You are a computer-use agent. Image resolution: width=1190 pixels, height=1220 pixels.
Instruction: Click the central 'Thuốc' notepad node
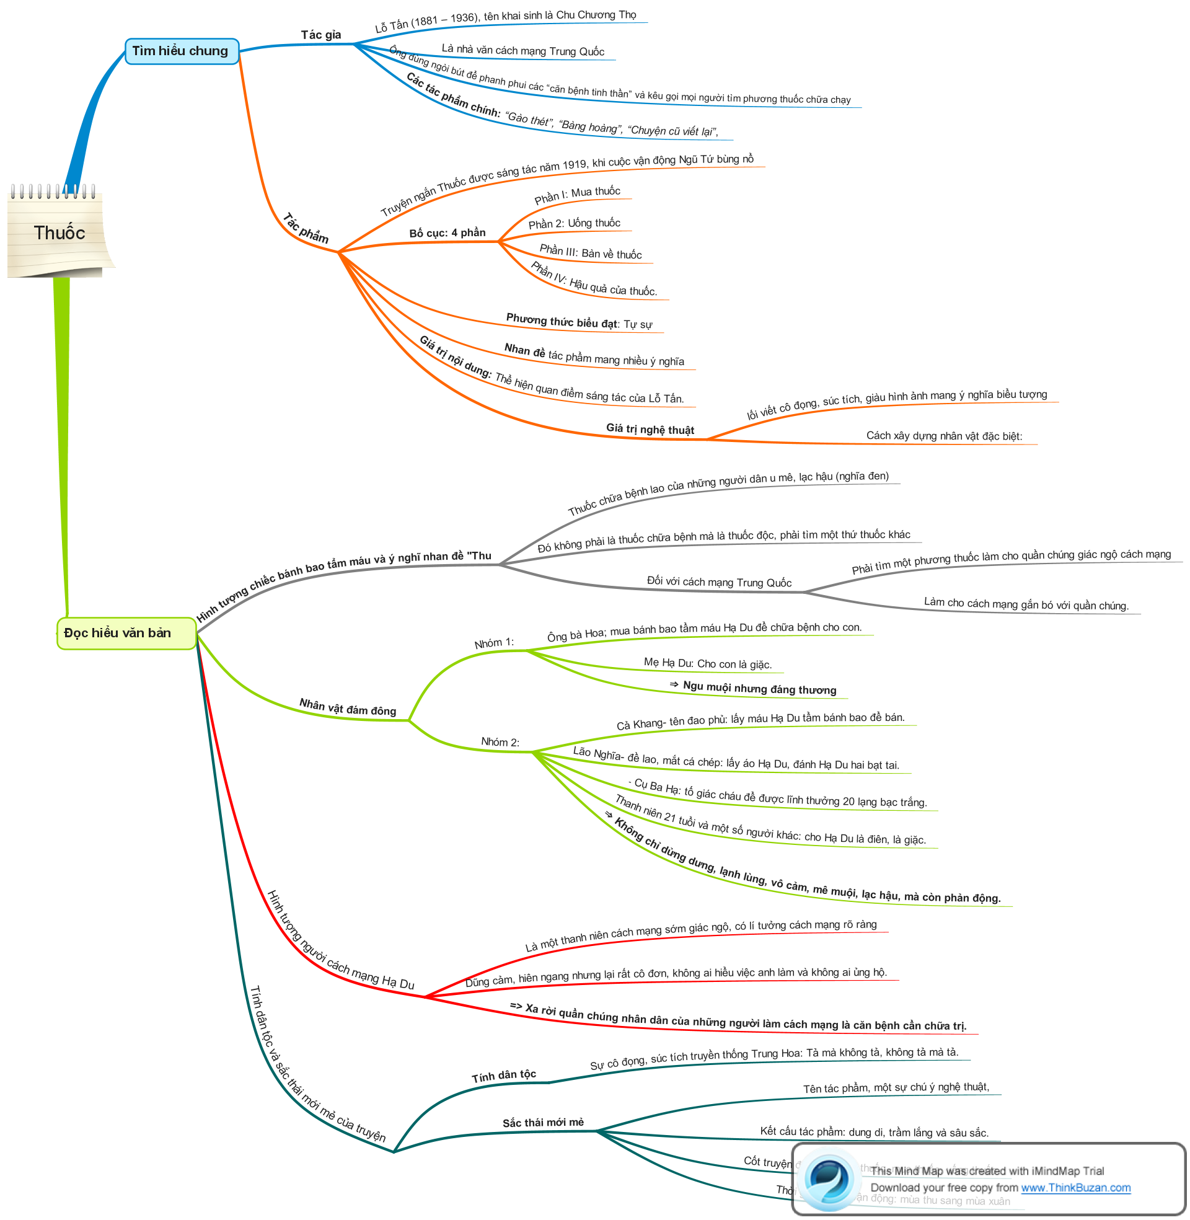click(x=59, y=233)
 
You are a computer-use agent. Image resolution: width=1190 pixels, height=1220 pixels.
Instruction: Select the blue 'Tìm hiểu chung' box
click(x=181, y=51)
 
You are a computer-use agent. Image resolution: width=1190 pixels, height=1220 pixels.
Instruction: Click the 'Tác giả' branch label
click(x=321, y=35)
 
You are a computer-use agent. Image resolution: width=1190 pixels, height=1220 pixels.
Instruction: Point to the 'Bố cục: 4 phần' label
click(x=447, y=233)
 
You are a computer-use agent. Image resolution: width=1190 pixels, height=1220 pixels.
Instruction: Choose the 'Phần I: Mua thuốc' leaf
click(x=577, y=195)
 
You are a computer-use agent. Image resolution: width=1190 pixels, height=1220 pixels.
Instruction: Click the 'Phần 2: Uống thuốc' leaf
click(x=574, y=224)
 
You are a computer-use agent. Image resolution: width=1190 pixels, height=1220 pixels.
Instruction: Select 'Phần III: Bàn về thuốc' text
click(x=591, y=252)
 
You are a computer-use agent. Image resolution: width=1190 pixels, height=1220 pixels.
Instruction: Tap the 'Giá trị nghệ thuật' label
click(x=650, y=430)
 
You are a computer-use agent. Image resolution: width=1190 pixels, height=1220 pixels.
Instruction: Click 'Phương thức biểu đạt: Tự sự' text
click(x=579, y=322)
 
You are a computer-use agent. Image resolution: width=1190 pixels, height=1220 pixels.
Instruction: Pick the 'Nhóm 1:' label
click(x=494, y=643)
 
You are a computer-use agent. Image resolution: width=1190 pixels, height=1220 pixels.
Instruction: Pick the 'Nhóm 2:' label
click(x=500, y=742)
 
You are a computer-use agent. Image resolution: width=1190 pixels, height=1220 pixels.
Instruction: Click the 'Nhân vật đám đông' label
click(x=348, y=707)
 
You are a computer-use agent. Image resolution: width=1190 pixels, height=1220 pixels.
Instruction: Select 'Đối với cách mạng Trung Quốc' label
click(x=719, y=582)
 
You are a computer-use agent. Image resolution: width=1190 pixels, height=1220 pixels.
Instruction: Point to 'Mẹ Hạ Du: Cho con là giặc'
click(x=708, y=663)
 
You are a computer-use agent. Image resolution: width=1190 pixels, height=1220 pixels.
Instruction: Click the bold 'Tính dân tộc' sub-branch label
click(x=504, y=1076)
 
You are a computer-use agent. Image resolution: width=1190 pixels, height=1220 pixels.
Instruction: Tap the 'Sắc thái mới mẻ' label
click(x=543, y=1123)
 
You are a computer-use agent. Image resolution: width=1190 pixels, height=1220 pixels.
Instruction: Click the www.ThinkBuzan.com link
click(x=1075, y=1188)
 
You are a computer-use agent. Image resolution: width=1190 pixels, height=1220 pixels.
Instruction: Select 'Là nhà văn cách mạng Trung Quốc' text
click(x=522, y=50)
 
